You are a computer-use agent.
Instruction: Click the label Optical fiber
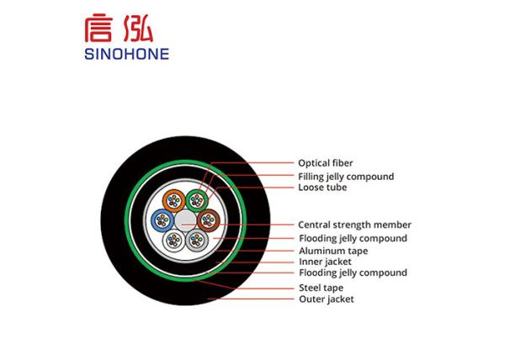(x=325, y=163)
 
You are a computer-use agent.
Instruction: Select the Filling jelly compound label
(x=346, y=177)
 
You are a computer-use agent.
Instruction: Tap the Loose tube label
(x=322, y=188)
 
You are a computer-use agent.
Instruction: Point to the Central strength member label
(x=354, y=225)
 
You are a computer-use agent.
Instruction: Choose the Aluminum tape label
(x=333, y=251)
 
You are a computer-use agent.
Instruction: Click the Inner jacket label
(x=325, y=262)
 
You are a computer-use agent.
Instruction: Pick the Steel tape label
(x=322, y=288)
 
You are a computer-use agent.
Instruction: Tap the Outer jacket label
(x=327, y=299)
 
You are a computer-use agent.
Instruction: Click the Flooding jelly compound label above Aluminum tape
(x=353, y=238)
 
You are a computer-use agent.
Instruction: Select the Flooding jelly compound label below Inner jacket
(x=353, y=273)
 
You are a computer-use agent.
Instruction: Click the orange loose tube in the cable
(x=174, y=201)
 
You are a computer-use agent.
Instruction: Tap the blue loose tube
(x=162, y=220)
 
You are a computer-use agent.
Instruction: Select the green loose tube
(x=197, y=201)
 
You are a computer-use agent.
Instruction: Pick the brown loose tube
(x=209, y=220)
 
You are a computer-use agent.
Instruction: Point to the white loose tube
(x=174, y=241)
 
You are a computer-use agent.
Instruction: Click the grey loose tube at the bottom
(x=197, y=241)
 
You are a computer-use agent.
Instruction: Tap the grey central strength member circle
(x=185, y=220)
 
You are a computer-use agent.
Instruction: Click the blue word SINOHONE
(x=126, y=54)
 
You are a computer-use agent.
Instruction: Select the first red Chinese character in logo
(x=98, y=28)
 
